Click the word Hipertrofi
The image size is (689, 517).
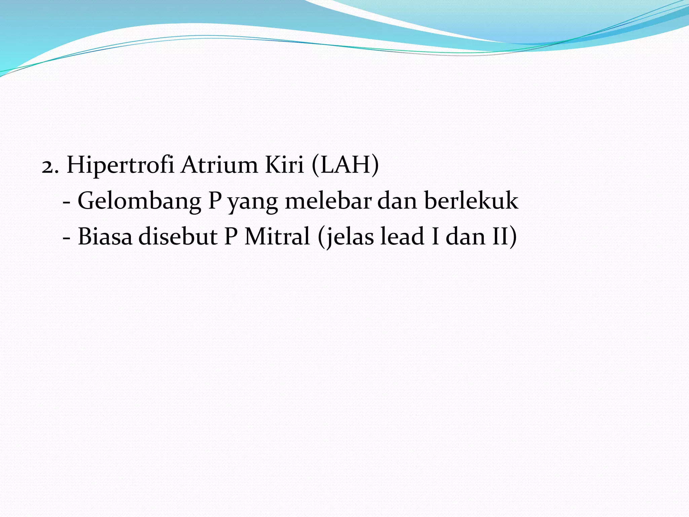[x=120, y=165]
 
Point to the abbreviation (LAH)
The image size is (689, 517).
[x=345, y=165]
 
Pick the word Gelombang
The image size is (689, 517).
[x=139, y=201]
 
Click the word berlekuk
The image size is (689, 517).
[x=471, y=201]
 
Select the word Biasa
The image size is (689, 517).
[x=105, y=236]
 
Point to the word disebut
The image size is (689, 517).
[x=178, y=236]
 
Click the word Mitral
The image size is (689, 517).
[x=277, y=236]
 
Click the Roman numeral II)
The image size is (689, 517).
[x=505, y=236]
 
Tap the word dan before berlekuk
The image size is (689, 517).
[x=397, y=201]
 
